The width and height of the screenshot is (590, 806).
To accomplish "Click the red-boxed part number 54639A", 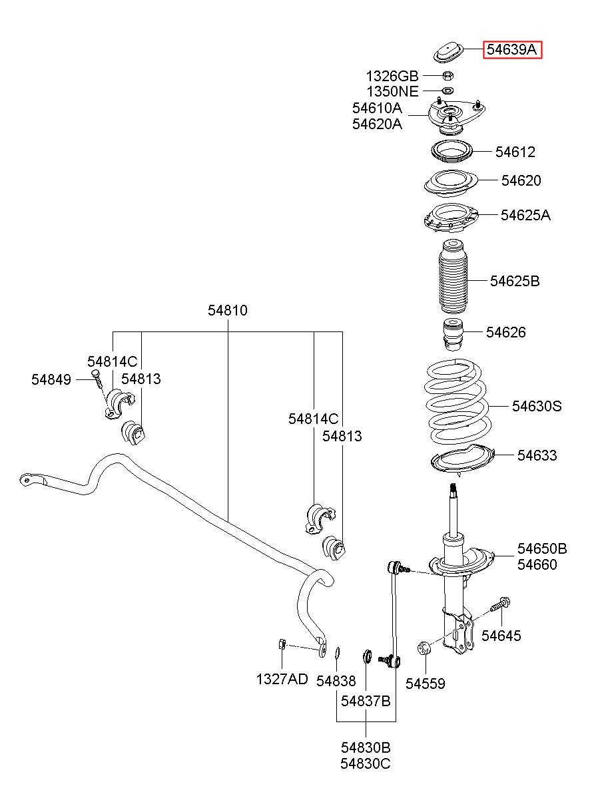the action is click(x=511, y=50).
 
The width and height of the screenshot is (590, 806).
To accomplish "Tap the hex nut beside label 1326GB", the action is click(x=447, y=76).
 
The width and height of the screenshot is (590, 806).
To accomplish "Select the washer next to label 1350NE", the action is click(x=447, y=91).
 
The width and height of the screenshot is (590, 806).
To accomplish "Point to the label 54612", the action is click(x=515, y=152).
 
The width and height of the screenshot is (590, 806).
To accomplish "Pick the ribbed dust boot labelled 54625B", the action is click(x=453, y=276).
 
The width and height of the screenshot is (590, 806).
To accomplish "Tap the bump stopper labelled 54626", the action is click(x=453, y=335).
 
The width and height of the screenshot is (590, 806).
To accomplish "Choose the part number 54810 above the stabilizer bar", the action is click(x=228, y=310).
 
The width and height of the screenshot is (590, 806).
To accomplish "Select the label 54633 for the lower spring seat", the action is click(x=537, y=455).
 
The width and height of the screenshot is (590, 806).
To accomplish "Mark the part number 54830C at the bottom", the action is click(x=366, y=763).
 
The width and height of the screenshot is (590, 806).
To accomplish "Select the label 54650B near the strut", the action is click(x=542, y=548).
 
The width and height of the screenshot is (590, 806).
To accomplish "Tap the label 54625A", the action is click(x=525, y=215).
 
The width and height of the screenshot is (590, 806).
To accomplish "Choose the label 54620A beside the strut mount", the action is click(x=377, y=124).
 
